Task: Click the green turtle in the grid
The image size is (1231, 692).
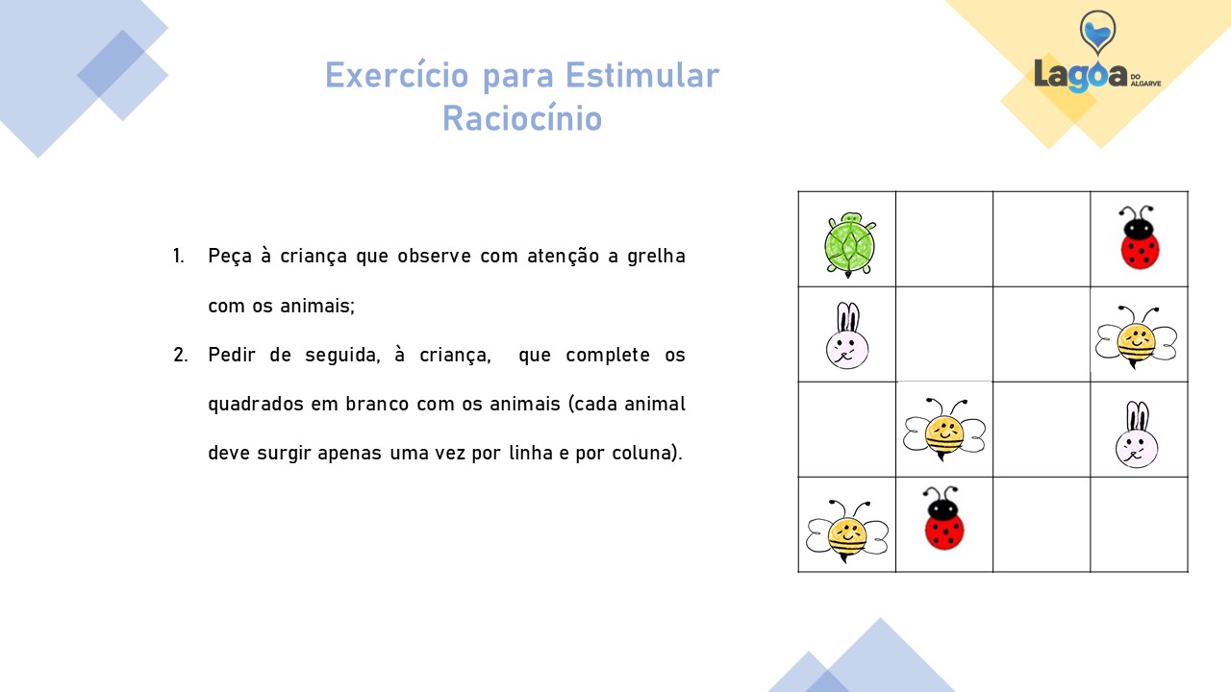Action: click(849, 245)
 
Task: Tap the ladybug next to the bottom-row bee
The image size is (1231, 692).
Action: click(944, 518)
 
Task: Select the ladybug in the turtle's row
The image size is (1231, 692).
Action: click(1139, 237)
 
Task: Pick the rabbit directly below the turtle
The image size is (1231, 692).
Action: click(847, 335)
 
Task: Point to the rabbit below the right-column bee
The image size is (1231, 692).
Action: click(1137, 434)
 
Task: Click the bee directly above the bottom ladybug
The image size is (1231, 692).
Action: click(944, 430)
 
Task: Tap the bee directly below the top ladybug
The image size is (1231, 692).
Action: click(1136, 336)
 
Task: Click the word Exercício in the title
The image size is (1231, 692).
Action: click(397, 75)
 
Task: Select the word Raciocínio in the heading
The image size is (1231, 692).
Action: click(522, 118)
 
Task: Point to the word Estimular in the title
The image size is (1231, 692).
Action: click(642, 75)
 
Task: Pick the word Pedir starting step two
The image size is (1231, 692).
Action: click(232, 355)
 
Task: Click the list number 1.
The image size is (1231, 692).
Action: click(178, 256)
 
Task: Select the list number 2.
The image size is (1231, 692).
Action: click(180, 355)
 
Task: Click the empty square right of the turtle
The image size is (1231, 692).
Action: click(944, 239)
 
